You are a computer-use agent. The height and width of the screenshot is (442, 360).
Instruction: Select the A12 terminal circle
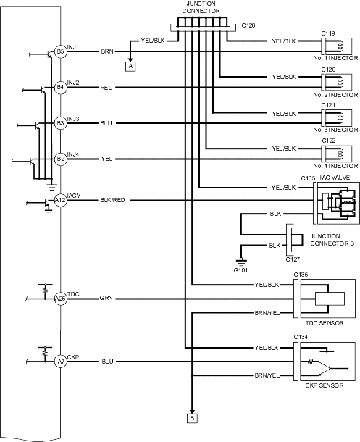click(x=61, y=200)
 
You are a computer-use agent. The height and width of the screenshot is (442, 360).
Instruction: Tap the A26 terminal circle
click(x=61, y=299)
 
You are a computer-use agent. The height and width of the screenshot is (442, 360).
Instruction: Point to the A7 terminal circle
click(x=61, y=362)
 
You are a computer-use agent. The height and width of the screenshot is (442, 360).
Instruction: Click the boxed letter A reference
click(x=130, y=67)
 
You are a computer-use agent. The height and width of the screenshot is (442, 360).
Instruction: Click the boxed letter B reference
click(x=192, y=418)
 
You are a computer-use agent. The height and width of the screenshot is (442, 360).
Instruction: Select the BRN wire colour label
click(x=107, y=51)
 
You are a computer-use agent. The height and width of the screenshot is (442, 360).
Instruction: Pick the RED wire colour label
click(x=106, y=88)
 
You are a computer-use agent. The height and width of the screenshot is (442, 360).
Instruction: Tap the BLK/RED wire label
click(x=113, y=200)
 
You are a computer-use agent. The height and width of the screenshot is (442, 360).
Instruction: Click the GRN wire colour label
click(x=106, y=299)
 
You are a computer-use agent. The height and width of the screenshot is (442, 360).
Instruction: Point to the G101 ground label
click(x=240, y=270)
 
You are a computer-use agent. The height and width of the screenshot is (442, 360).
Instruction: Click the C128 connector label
click(x=248, y=25)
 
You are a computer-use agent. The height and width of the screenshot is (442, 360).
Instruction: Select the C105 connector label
click(x=308, y=178)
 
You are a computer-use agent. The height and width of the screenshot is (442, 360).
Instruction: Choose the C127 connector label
click(x=293, y=259)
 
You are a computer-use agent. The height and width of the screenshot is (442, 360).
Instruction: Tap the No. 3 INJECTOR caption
click(x=336, y=130)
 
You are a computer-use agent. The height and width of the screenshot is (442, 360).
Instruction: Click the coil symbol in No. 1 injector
click(x=340, y=47)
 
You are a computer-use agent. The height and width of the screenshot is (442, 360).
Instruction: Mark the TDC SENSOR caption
click(x=325, y=323)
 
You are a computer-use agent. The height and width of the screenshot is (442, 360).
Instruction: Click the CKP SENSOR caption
click(x=325, y=385)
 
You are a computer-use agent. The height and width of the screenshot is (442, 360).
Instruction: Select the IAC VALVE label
click(x=335, y=178)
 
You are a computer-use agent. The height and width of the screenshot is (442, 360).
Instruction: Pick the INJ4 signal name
click(x=73, y=154)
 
